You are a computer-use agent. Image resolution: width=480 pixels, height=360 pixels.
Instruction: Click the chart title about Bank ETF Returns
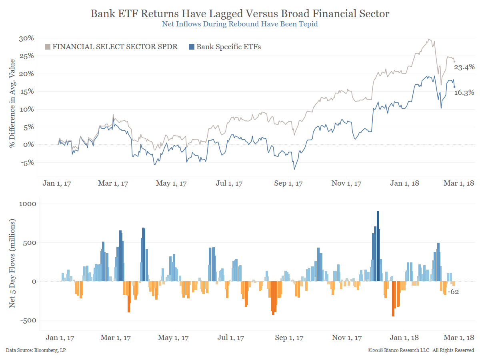click(x=240, y=14)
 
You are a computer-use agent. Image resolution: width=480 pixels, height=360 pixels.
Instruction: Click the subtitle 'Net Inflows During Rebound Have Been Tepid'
click(x=240, y=24)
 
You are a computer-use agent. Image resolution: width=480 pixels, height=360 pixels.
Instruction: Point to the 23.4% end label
click(x=464, y=68)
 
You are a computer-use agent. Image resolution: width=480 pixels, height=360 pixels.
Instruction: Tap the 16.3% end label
click(x=464, y=93)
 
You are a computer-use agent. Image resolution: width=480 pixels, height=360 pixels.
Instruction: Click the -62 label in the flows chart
click(x=453, y=292)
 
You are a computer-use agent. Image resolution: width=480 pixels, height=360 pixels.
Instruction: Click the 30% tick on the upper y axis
click(x=26, y=38)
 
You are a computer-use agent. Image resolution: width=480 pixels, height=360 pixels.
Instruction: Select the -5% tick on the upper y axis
click(x=26, y=162)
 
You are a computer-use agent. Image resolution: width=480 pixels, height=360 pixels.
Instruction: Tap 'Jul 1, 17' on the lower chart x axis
click(x=231, y=338)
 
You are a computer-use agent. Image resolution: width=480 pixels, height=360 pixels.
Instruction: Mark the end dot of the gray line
click(x=454, y=62)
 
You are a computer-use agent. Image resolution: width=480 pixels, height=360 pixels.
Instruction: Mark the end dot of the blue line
click(x=454, y=87)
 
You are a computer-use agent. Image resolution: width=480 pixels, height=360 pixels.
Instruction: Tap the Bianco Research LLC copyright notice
click(x=421, y=350)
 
